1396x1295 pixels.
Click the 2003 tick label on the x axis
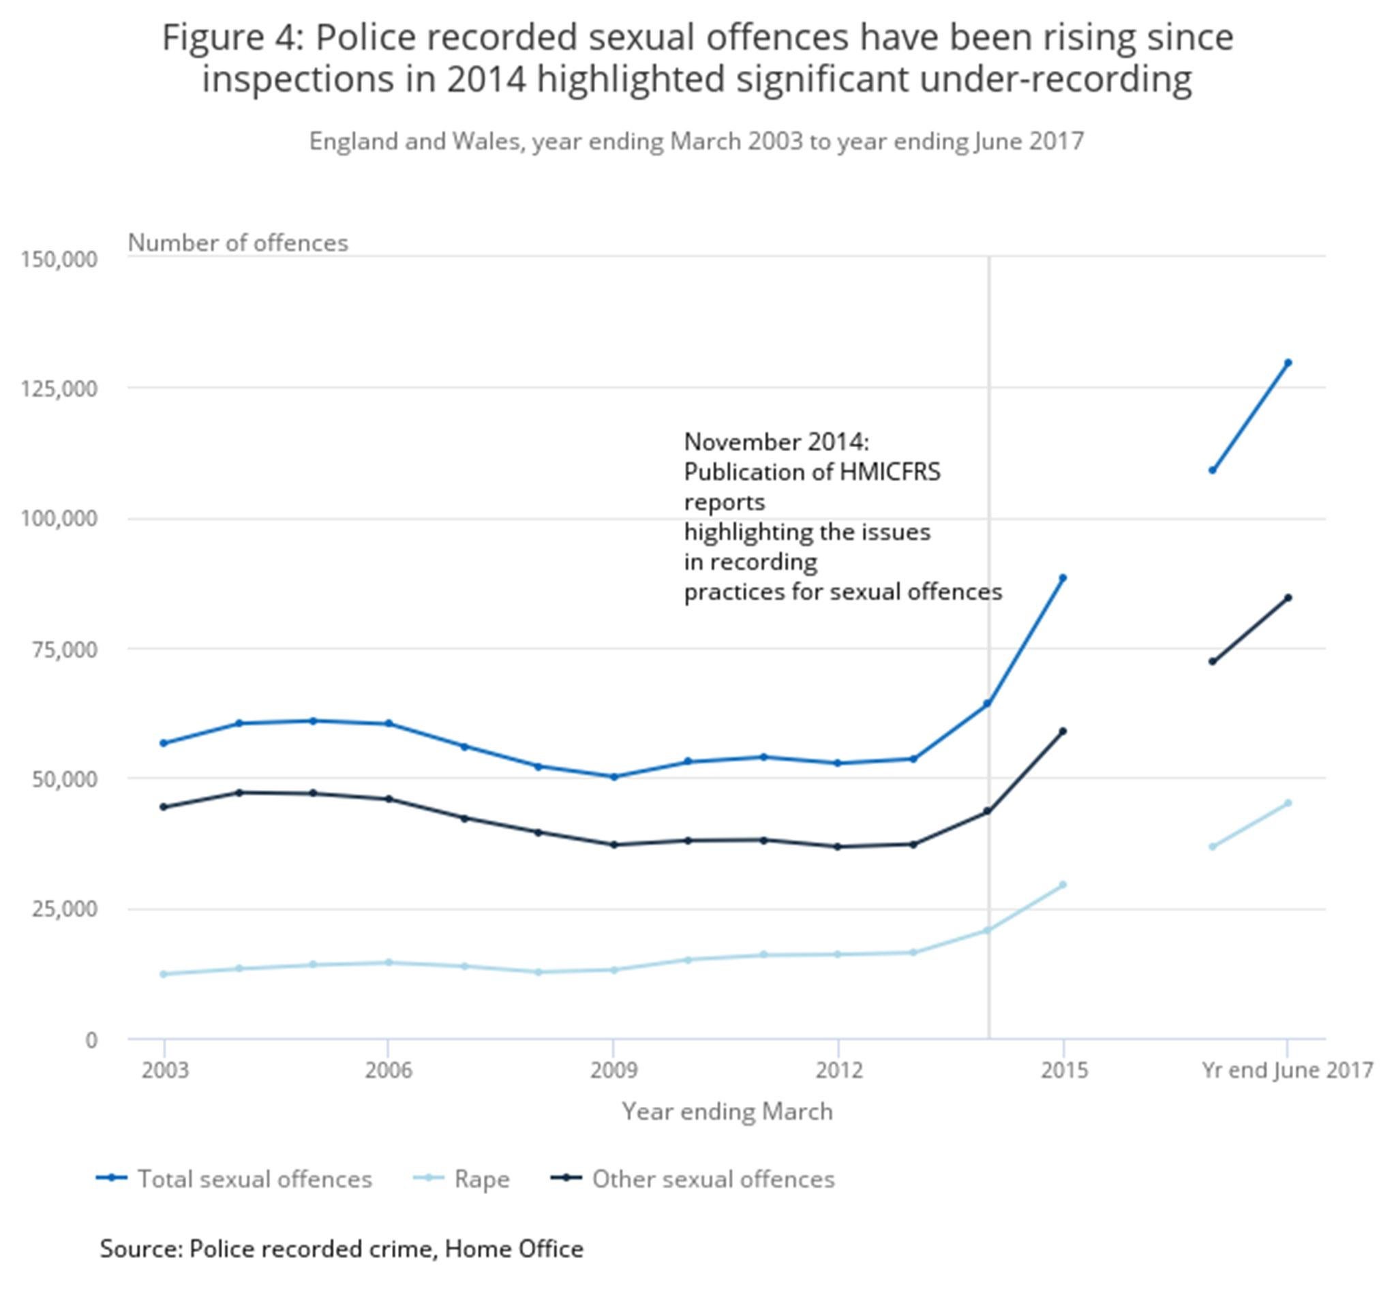pos(165,1070)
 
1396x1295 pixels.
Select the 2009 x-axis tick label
pos(613,1070)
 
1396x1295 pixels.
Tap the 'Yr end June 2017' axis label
pos(1287,1070)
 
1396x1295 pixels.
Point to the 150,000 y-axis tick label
pos(59,259)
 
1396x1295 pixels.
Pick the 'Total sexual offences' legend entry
pos(234,1179)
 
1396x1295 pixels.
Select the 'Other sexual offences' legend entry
pos(693,1179)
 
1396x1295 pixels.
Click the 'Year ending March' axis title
pos(727,1112)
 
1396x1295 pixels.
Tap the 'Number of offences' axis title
pos(238,243)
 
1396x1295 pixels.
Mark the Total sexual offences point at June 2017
pos(1288,363)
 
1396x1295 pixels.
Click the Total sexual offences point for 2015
pos(1063,578)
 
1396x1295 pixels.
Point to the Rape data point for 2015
pos(1063,885)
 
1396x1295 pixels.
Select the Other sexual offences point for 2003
pos(164,807)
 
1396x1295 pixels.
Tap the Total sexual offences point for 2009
pos(614,777)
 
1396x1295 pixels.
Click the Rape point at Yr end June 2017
pos(1288,803)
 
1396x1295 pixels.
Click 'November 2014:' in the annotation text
pos(776,442)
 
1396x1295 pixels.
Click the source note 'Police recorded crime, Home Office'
pos(386,1249)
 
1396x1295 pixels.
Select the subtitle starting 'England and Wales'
pos(696,142)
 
